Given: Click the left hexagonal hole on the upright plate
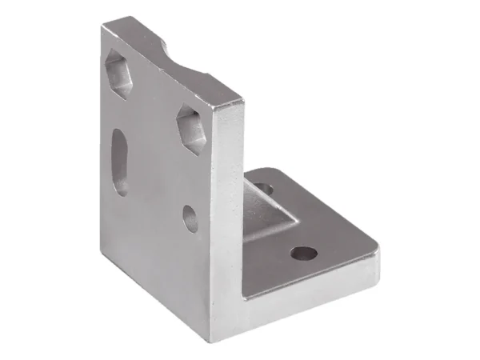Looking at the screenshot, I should (x=120, y=74).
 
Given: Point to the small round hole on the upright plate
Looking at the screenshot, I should (x=190, y=218).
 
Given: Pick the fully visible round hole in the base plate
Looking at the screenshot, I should (x=304, y=255).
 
